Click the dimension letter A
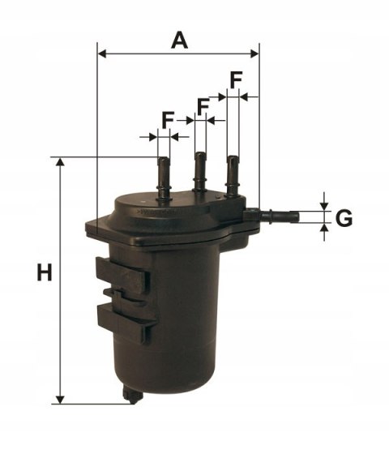click(x=179, y=38)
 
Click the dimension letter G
click(x=344, y=218)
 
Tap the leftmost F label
click(x=168, y=120)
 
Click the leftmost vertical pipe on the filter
click(x=164, y=174)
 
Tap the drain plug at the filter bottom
click(x=133, y=395)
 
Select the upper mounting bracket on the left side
click(x=122, y=276)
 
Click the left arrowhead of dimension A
click(x=101, y=54)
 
